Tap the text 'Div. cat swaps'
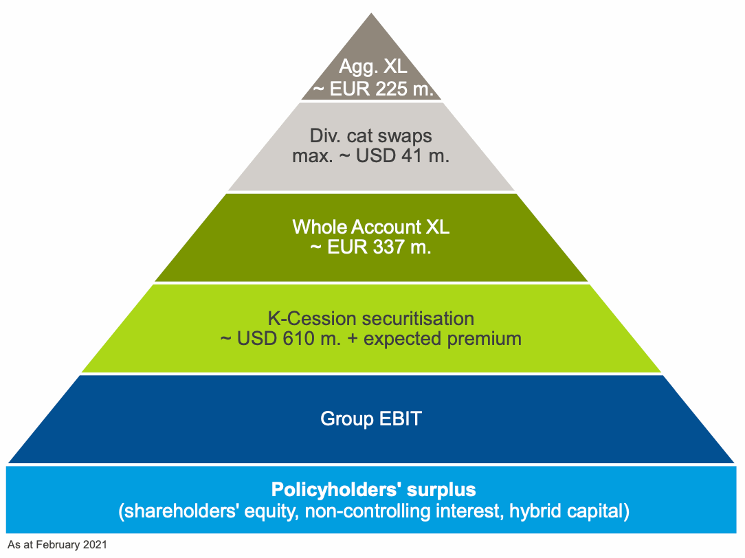pos(371,135)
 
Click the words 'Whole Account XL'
pos(371,227)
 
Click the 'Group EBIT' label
pos(371,418)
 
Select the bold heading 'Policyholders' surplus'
pos(374,490)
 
